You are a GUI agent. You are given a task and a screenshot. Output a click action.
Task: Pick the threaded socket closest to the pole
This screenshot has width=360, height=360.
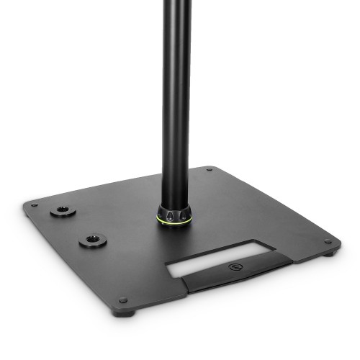coord(93,240)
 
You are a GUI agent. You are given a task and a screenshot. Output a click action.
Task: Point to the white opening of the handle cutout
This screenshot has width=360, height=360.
coord(216,258)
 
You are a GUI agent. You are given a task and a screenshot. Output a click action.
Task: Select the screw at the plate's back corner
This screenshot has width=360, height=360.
coord(209,170)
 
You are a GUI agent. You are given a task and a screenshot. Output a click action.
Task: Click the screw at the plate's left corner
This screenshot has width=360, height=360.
coord(32,204)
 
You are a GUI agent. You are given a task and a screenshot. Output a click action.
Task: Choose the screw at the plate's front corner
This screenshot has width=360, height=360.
coord(123,300)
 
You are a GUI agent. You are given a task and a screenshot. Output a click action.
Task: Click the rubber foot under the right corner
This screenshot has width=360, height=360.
coord(330,251)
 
